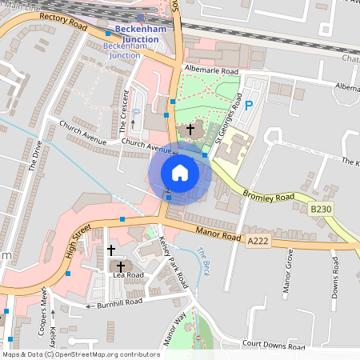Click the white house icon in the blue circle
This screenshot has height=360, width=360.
point(180,173)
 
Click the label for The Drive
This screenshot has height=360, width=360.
point(34,155)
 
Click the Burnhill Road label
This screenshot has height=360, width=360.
point(120,302)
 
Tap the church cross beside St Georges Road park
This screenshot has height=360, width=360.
point(190,129)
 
